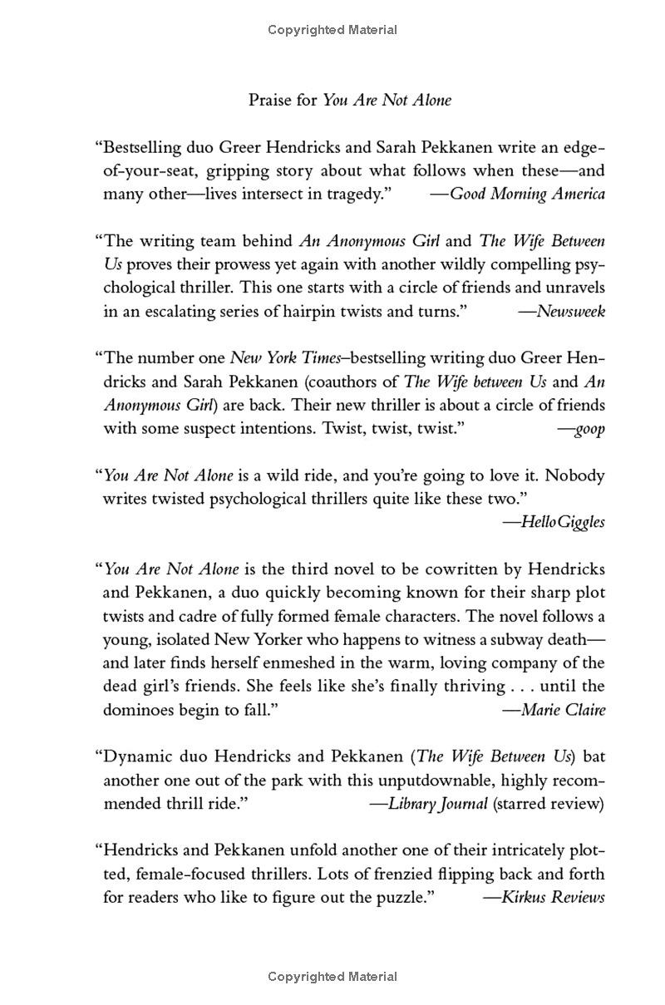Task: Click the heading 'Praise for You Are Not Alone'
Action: tap(350, 101)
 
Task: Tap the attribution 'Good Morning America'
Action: tap(527, 195)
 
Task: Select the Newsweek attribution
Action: tap(571, 312)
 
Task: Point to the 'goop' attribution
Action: tap(590, 429)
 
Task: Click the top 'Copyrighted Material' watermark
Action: tap(332, 30)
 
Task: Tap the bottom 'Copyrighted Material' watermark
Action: tap(332, 977)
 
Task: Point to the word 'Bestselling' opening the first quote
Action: tap(140, 148)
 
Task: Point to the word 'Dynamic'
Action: tap(135, 757)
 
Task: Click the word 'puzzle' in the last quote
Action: tap(401, 898)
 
